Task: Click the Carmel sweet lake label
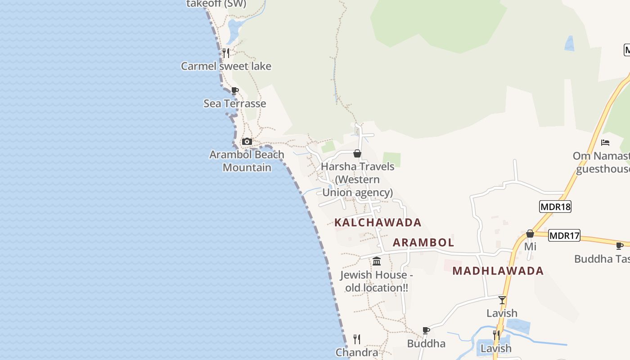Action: tap(226, 66)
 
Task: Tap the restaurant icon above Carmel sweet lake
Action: tap(226, 53)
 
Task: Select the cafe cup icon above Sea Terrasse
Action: tap(234, 90)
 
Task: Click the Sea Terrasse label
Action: tap(234, 103)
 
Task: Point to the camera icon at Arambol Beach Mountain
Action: tap(247, 142)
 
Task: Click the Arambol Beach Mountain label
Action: tap(247, 161)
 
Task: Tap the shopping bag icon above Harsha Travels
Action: tap(357, 153)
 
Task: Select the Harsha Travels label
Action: tap(357, 179)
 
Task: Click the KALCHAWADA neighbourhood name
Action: tap(378, 222)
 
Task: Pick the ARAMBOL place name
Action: tap(423, 243)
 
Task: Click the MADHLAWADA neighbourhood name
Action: tap(498, 271)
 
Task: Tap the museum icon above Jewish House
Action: tap(377, 261)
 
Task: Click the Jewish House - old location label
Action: tap(377, 281)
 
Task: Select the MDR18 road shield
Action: tap(555, 207)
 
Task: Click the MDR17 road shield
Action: tap(565, 235)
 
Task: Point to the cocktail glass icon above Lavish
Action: tap(502, 300)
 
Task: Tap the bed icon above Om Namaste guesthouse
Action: tap(605, 143)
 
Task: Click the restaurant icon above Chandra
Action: tap(357, 339)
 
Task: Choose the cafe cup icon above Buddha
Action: tap(426, 331)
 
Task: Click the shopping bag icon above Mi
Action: tap(530, 234)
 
